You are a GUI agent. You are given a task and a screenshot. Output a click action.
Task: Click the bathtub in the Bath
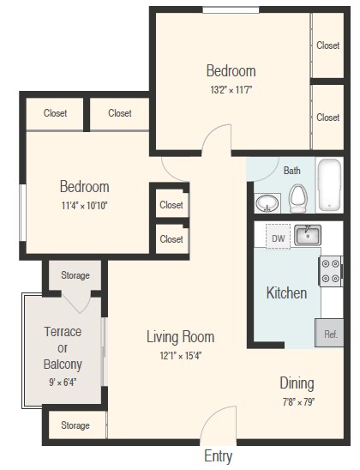coord(328,185)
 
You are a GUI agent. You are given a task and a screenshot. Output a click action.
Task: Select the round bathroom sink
coord(268,204)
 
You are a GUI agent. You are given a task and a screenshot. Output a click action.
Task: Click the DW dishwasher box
coord(278,238)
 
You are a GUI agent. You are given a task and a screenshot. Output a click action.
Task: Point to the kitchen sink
coord(308,235)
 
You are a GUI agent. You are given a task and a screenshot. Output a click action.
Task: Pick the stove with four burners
coord(331,271)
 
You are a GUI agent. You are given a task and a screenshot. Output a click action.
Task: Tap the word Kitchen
coord(286,292)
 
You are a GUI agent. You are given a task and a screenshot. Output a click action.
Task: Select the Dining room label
coord(297,383)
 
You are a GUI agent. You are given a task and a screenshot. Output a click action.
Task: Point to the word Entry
coord(217,456)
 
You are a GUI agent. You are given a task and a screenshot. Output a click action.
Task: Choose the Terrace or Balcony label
coord(63,346)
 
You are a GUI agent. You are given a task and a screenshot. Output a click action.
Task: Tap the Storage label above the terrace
coord(75,275)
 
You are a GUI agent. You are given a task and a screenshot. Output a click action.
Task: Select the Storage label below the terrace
coord(75,425)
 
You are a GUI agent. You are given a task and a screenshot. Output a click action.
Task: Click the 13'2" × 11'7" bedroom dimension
coord(230,88)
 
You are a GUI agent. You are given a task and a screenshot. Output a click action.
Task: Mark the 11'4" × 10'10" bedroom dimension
coord(84,204)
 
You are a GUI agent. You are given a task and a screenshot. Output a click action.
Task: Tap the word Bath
coord(292,170)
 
